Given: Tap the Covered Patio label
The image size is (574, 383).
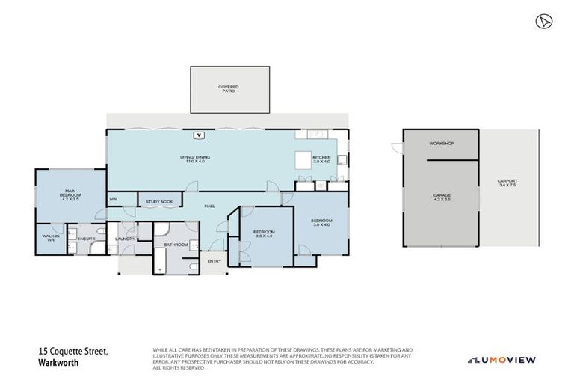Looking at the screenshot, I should click(x=228, y=88).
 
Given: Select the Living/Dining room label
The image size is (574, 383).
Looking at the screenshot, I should click(x=194, y=159).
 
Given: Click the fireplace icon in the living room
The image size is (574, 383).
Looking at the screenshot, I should click(x=199, y=135).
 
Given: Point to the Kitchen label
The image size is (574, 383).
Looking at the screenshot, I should click(x=321, y=159).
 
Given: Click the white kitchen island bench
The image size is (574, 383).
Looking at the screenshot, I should click(x=303, y=161).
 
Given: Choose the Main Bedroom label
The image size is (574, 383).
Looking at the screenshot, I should click(x=71, y=195).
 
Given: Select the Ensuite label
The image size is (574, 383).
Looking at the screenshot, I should click(x=87, y=239).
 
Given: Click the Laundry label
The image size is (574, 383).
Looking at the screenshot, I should click(x=125, y=239).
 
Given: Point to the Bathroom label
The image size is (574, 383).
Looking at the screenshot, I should click(x=176, y=244).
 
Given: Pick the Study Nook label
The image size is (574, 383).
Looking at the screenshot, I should click(x=159, y=201).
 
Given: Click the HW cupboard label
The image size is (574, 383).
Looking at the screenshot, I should click(x=114, y=200).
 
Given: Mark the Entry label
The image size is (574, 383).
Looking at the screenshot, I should click(x=215, y=261).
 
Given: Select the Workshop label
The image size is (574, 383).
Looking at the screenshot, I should click(x=441, y=144).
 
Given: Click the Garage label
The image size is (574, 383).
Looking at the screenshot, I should click(x=441, y=197).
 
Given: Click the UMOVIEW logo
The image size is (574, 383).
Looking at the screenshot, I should click(x=501, y=360).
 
